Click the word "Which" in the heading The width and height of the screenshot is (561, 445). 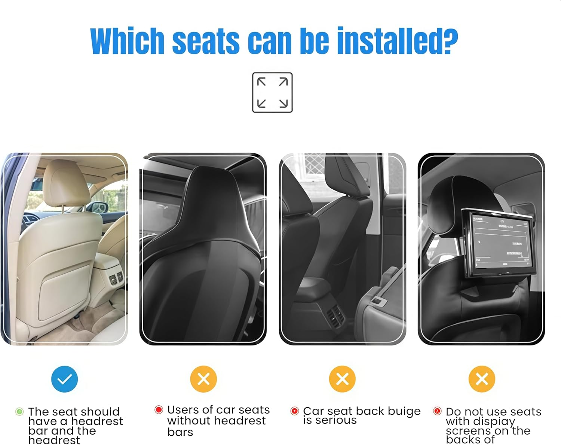click(x=128, y=41)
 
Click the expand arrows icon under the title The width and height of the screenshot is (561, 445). click(x=272, y=92)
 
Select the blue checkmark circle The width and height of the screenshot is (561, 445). click(x=64, y=379)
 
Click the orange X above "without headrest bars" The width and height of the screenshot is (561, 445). click(x=203, y=379)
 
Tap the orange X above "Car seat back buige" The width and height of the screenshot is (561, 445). click(x=342, y=379)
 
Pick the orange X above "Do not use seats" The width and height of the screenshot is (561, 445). click(x=482, y=379)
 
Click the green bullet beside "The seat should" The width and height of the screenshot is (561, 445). click(x=19, y=412)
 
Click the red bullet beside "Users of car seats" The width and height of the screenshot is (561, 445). click(x=159, y=409)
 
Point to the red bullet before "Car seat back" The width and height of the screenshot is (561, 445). click(x=295, y=411)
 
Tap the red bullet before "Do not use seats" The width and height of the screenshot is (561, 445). click(x=437, y=411)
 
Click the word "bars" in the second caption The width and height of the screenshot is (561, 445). click(x=180, y=432)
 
